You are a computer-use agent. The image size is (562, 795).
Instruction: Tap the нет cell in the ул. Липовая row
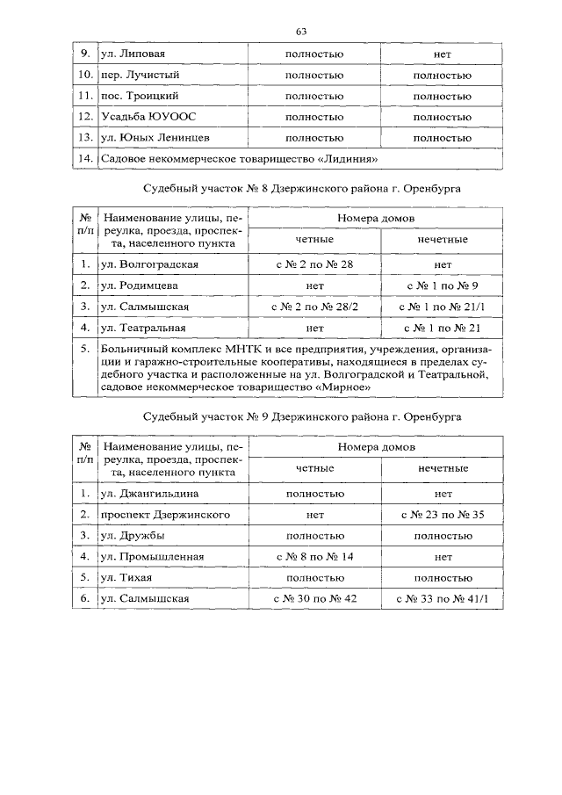coord(442,54)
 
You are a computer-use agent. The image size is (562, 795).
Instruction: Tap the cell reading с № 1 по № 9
coord(442,285)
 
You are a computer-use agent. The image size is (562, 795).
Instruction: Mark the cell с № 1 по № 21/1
coord(442,307)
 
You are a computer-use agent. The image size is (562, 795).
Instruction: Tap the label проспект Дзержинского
coord(158,514)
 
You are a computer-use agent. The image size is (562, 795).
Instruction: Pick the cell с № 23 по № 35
coord(442,514)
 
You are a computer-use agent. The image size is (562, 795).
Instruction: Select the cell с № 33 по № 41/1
coord(442,599)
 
